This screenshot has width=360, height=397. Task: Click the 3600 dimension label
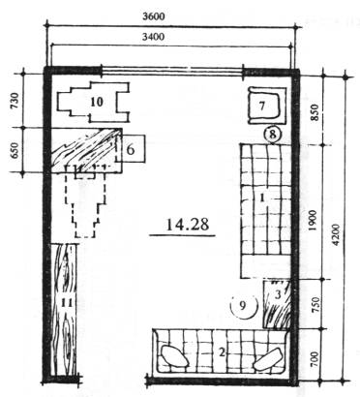154,16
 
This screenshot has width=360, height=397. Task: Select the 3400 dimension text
153,37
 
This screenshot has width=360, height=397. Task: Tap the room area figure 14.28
187,224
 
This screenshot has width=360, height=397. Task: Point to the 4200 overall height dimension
336,234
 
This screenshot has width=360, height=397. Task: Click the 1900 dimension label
313,220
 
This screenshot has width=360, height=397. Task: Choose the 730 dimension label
15,101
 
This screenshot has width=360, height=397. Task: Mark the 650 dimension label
15,150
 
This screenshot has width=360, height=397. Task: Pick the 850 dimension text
315,112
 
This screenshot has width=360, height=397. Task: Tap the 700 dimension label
315,359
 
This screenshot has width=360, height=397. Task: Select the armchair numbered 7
266,106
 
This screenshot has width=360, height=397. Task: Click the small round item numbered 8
273,134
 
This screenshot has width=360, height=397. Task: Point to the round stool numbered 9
244,305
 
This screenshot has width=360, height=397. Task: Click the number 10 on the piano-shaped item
97,102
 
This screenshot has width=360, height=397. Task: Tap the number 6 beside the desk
131,150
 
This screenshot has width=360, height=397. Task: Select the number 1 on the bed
262,198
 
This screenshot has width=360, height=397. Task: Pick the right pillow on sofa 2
268,359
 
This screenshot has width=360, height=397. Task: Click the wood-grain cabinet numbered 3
278,304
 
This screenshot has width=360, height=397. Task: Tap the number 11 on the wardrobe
67,302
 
